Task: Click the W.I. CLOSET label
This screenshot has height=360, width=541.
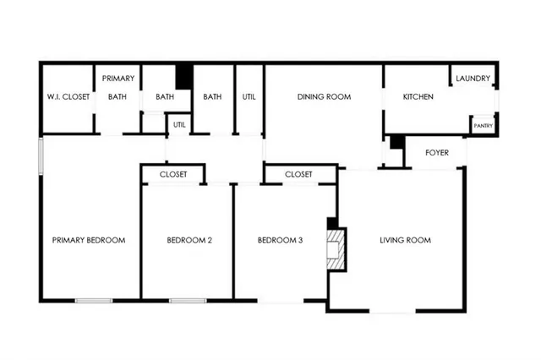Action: tap(68, 97)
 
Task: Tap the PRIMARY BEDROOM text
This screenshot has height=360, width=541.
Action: tap(89, 240)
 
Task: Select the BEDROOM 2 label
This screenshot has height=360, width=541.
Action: tap(189, 240)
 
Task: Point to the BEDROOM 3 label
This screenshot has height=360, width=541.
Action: tap(280, 240)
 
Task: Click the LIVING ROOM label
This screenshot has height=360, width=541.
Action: tap(405, 240)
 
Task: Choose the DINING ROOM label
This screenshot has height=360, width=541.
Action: tap(324, 97)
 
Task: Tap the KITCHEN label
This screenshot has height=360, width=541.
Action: tap(418, 97)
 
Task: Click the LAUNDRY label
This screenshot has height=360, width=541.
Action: tap(473, 79)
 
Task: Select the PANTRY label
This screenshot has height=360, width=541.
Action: tap(483, 126)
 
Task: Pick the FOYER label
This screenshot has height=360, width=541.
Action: tap(436, 153)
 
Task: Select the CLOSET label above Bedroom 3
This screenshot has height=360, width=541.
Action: tap(298, 174)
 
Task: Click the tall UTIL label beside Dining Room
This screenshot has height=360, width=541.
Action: tap(249, 97)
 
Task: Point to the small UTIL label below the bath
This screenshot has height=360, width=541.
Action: tap(179, 125)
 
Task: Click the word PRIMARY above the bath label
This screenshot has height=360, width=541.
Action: tap(118, 79)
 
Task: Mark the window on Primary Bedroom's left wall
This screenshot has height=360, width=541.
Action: tap(40, 156)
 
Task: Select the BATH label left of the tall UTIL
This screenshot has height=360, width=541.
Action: tap(212, 97)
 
